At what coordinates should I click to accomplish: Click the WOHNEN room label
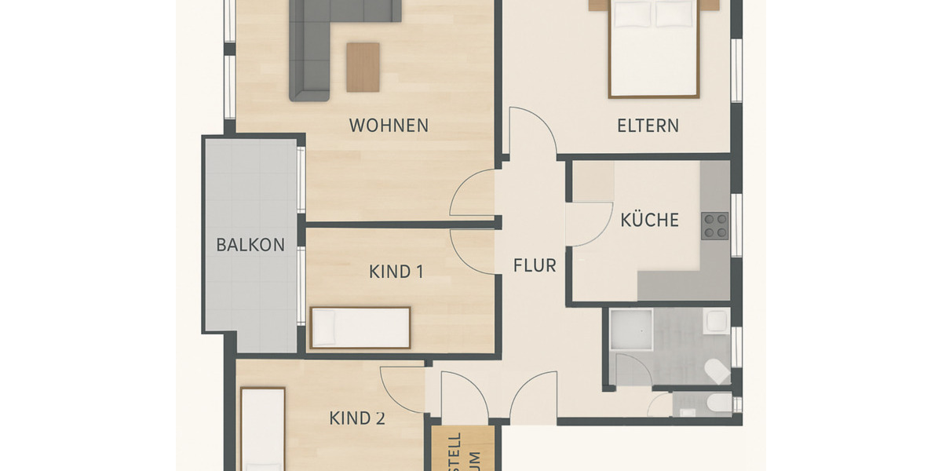click(389, 126)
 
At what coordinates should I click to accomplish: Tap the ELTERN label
click(648, 126)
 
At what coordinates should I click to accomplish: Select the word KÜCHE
click(649, 221)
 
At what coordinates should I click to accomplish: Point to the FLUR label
click(535, 266)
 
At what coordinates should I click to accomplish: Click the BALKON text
click(250, 245)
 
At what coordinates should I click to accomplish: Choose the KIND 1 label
click(396, 272)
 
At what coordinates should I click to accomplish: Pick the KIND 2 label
click(356, 418)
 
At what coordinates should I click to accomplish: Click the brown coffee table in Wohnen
click(363, 67)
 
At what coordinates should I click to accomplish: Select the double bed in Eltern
click(654, 49)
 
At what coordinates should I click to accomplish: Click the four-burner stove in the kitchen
click(715, 225)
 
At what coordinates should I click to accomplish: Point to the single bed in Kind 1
click(360, 327)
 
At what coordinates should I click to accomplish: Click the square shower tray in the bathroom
click(631, 330)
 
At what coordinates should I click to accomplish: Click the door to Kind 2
click(403, 389)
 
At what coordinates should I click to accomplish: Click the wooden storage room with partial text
click(464, 450)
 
